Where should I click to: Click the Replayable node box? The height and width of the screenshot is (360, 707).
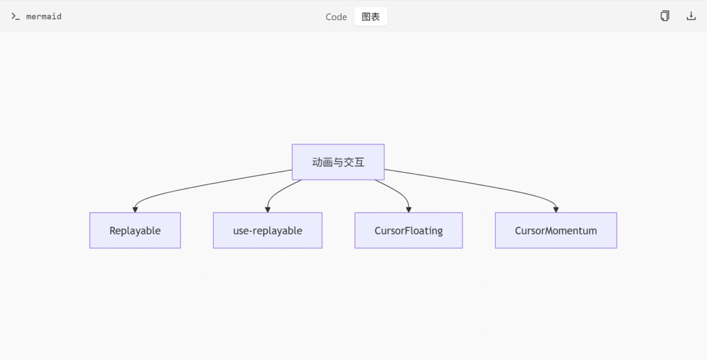coord(135,230)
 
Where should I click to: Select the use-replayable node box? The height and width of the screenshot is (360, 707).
coord(267,230)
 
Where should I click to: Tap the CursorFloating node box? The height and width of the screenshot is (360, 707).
coord(408,230)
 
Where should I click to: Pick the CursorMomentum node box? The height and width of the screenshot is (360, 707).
coord(556,230)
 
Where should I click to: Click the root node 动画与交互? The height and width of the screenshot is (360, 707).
coord(338,162)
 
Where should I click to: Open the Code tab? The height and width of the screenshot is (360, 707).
coord(336,16)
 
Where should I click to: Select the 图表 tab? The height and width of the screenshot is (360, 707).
coord(371,16)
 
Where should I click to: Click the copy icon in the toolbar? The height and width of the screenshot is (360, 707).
coord(665,16)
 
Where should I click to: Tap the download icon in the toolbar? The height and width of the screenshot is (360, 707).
coord(691,16)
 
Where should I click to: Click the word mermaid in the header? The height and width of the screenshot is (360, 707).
coord(44,16)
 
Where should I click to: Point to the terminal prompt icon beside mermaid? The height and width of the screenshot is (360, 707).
coord(15,16)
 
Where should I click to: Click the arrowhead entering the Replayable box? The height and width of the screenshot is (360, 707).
coord(135,210)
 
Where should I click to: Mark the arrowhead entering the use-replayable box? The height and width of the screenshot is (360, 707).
coord(267,210)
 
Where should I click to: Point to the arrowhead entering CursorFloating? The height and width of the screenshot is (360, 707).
coord(408,210)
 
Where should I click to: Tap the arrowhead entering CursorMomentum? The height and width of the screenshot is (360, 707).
coord(556,210)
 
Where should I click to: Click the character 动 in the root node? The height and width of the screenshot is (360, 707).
coord(317,162)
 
